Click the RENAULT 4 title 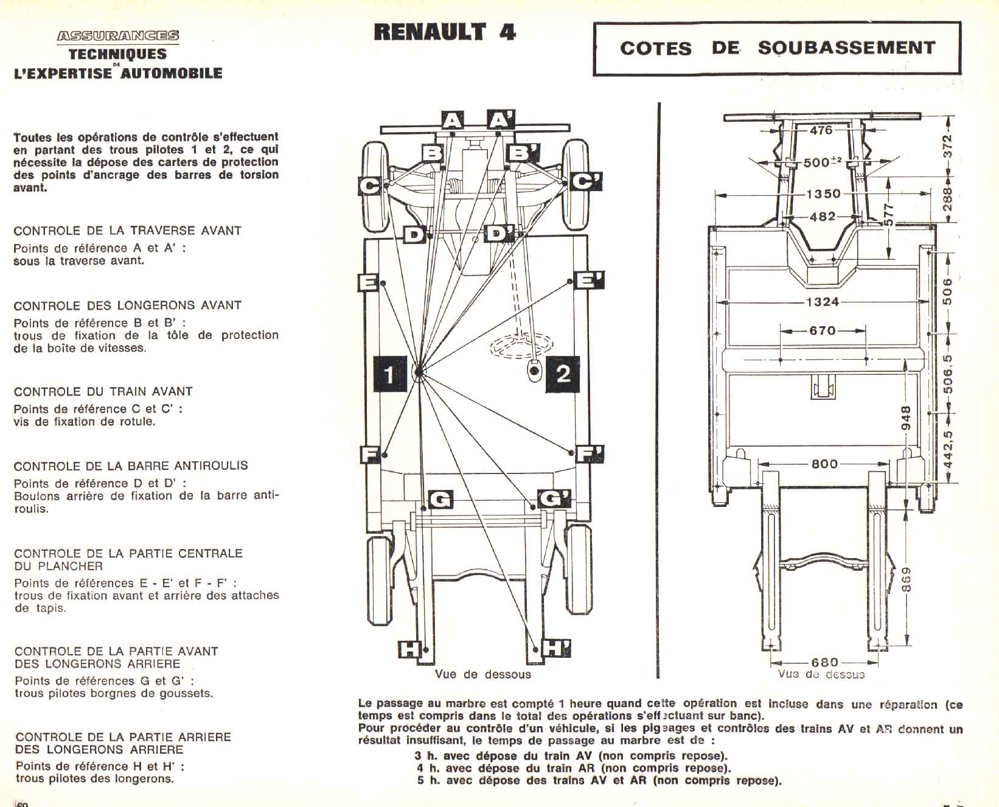click(445, 32)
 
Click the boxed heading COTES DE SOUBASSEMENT click(777, 48)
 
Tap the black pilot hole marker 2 click(563, 373)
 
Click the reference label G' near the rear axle click(554, 499)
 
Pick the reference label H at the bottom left click(409, 649)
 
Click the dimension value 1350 click(823, 194)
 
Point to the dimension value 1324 click(822, 302)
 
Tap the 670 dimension click(822, 330)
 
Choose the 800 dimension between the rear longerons click(824, 464)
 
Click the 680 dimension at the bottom click(824, 662)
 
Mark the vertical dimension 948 click(905, 418)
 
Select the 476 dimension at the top click(821, 130)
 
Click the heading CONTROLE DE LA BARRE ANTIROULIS click(131, 466)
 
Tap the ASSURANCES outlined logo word click(118, 36)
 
